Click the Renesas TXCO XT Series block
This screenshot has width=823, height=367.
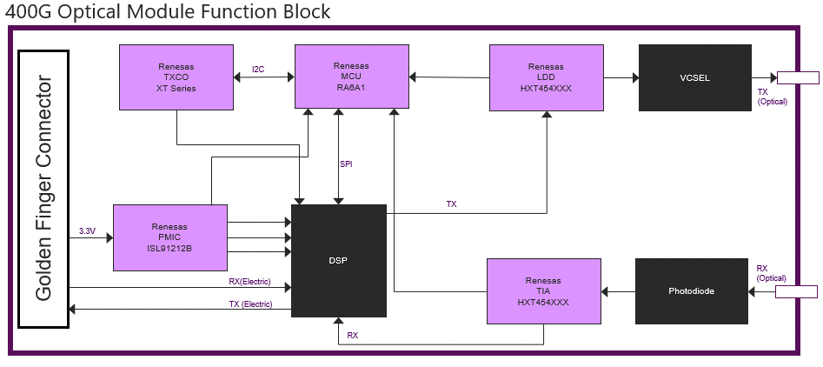(x=176, y=77)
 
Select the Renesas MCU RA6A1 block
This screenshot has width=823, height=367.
(x=351, y=77)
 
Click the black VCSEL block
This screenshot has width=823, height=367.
(x=695, y=77)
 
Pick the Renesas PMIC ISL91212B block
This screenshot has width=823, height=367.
(x=170, y=237)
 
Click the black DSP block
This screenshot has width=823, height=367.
(x=338, y=260)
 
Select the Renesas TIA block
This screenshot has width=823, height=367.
(x=543, y=290)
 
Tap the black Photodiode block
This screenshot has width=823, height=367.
(x=691, y=290)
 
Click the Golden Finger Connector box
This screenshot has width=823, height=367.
(x=43, y=189)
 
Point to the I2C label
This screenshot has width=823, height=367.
(x=258, y=70)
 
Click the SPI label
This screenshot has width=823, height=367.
(x=346, y=163)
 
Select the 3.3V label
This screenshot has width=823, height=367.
(x=87, y=231)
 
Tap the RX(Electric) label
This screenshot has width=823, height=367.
(x=249, y=281)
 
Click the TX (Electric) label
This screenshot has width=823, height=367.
(x=250, y=304)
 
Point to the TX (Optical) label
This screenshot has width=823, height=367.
(x=772, y=97)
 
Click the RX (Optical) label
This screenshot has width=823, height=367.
(x=771, y=273)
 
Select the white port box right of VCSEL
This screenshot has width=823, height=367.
(x=797, y=78)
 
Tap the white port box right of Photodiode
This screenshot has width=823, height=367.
(x=797, y=291)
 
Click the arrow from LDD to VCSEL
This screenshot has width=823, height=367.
(x=621, y=77)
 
